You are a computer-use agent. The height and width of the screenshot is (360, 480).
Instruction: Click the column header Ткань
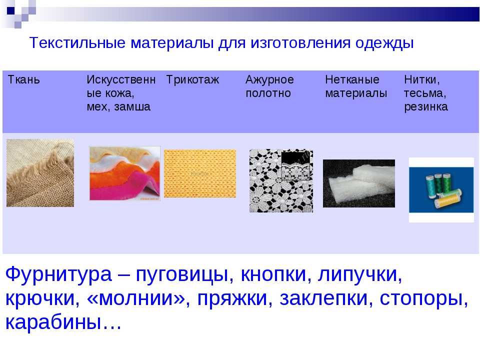pyautogui.click(x=23, y=80)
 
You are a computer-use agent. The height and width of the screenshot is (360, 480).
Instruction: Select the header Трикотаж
pyautogui.click(x=192, y=80)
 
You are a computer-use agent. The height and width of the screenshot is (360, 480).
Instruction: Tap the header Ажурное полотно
pyautogui.click(x=270, y=86)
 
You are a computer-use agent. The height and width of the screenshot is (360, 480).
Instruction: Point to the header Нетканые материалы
pyautogui.click(x=355, y=86)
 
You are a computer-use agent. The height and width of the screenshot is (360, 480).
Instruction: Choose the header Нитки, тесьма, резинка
pyautogui.click(x=426, y=93)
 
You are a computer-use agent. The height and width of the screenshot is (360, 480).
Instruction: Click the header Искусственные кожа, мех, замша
pyautogui.click(x=120, y=93)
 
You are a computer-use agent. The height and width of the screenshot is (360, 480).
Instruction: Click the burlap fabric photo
pyautogui.click(x=40, y=172)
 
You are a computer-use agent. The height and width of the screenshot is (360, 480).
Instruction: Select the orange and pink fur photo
pyautogui.click(x=124, y=173)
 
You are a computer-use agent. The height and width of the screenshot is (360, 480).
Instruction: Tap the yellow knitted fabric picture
pyautogui.click(x=200, y=173)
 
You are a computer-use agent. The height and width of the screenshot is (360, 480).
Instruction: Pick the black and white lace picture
pyautogui.click(x=280, y=180)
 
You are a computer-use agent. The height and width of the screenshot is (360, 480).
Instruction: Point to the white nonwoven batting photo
pyautogui.click(x=358, y=183)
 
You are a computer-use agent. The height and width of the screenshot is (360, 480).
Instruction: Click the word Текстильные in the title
pyautogui.click(x=78, y=43)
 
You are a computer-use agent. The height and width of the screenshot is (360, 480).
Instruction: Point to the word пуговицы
pyautogui.click(x=177, y=275)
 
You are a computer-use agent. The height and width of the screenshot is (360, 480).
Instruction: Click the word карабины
pyautogui.click(x=54, y=322)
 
